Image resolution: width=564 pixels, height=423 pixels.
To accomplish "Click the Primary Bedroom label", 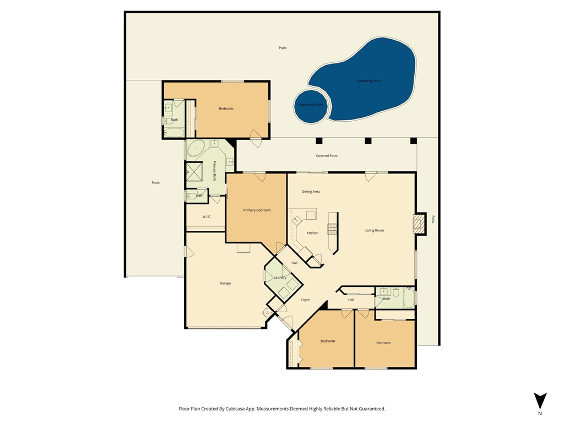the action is point(257,210).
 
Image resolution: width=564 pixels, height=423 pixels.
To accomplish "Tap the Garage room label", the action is point(225,284).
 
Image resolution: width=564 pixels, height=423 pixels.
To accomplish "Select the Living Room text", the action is point(375,230).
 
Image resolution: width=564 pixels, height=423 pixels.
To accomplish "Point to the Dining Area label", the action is point(311,192).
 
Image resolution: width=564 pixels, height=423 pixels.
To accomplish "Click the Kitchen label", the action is point(312,233).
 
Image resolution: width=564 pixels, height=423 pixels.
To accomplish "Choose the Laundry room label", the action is point(280,278).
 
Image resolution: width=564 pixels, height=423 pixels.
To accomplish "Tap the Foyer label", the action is point(305,300).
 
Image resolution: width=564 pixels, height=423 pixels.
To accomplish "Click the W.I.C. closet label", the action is point(207,216).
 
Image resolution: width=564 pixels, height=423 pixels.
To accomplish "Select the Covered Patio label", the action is point(327,156).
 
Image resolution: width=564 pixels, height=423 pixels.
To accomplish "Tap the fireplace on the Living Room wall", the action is point(419,224).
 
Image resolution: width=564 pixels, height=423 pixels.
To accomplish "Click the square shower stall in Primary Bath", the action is point(194,171).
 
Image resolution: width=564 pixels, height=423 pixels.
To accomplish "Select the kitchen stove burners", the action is point(332,229).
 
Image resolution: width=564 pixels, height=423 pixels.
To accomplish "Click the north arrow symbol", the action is point(540,401).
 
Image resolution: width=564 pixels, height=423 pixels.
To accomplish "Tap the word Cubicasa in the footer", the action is point(235,409).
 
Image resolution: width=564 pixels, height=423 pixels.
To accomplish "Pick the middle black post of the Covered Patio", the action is point(368,140).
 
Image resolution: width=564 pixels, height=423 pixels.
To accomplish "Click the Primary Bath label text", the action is point(214,171).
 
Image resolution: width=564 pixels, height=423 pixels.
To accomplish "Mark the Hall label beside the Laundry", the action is point(294,263).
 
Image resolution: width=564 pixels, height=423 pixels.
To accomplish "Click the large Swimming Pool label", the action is point(368,81).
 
